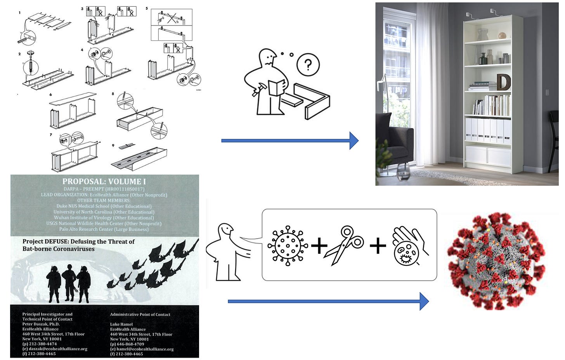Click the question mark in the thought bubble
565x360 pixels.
[x=308, y=65]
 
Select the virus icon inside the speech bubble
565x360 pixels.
[x=288, y=246]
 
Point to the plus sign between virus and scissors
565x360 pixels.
[x=319, y=246]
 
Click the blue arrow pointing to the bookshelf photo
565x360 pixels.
[x=289, y=140]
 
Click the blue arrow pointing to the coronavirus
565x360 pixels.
[x=328, y=301]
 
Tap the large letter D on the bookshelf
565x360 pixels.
[x=504, y=82]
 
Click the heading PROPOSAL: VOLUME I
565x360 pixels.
[x=104, y=181]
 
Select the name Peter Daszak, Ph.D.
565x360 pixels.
[x=41, y=324]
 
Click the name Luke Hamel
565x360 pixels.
[x=121, y=324]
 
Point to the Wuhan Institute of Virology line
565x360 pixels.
[x=104, y=218]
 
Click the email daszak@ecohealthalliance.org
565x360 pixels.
[x=58, y=349]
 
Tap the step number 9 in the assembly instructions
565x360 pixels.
[x=113, y=145]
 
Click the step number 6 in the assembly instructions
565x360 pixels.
[x=50, y=94]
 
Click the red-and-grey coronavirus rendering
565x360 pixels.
[x=496, y=261]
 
